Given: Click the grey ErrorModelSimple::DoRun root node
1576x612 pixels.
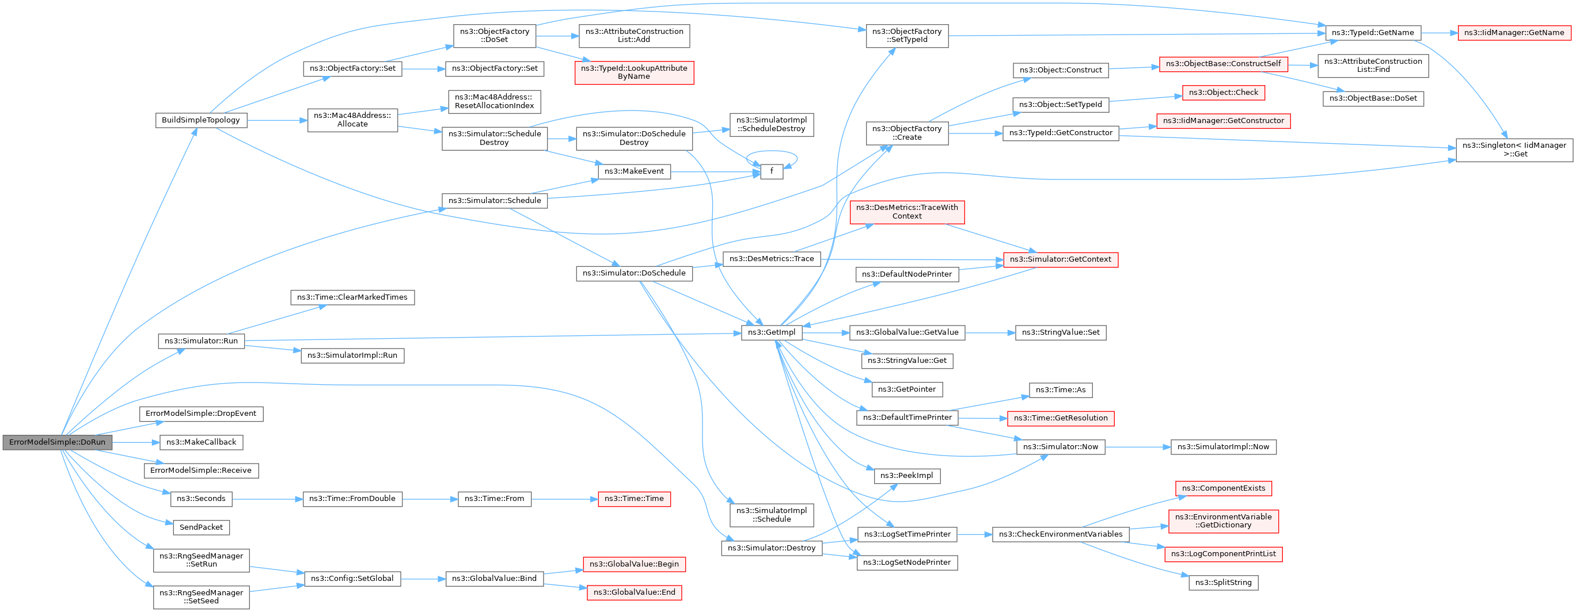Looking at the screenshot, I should pyautogui.click(x=57, y=442).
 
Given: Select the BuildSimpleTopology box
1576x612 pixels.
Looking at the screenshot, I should pyautogui.click(x=200, y=120).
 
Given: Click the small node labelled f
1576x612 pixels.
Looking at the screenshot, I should pyautogui.click(x=772, y=171).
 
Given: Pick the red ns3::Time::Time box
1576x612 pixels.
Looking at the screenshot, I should pyautogui.click(x=634, y=499).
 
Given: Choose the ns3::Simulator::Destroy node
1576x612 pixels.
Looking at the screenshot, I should pyautogui.click(x=771, y=548).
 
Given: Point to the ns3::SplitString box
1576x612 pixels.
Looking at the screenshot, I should pyautogui.click(x=1223, y=583).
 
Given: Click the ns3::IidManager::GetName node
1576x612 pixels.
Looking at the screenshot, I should pyautogui.click(x=1514, y=32).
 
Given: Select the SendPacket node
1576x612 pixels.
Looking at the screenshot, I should pyautogui.click(x=200, y=527).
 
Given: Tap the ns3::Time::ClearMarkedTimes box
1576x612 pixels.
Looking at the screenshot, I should pyautogui.click(x=352, y=297).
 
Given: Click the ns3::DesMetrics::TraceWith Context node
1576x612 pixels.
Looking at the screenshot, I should pyautogui.click(x=907, y=212).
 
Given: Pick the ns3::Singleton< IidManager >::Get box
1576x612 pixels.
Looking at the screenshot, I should pyautogui.click(x=1514, y=149).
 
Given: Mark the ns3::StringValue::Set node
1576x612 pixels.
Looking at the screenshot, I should pyautogui.click(x=1060, y=332).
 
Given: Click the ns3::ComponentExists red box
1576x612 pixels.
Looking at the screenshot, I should pyautogui.click(x=1223, y=488).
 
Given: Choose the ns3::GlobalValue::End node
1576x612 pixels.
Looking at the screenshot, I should pyautogui.click(x=634, y=592).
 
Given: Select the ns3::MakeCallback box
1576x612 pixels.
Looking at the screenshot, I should pyautogui.click(x=200, y=442).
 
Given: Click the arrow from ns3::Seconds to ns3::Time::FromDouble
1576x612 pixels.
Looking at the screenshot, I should pyautogui.click(x=267, y=499).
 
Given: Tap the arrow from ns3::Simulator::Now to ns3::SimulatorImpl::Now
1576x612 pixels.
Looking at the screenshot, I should pyautogui.click(x=1138, y=447).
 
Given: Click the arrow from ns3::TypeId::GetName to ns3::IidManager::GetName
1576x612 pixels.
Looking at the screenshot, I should pyautogui.click(x=1440, y=32).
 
